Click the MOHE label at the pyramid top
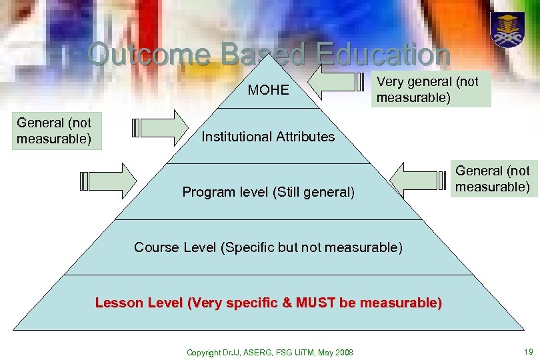click(268, 89)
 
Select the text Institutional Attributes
click(268, 137)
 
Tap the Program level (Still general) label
click(268, 193)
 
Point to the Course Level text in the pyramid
click(268, 247)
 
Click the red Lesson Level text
click(268, 303)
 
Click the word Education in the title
click(384, 55)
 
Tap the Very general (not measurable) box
click(431, 89)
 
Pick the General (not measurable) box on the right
click(493, 179)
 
